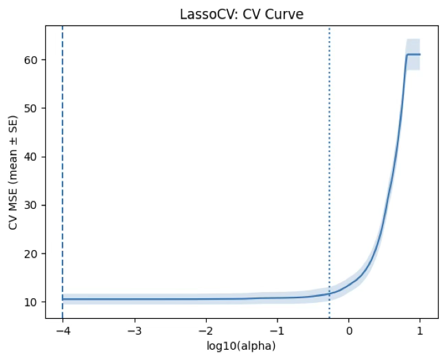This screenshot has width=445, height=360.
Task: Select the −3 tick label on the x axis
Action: (x=134, y=330)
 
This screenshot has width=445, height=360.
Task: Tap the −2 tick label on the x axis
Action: (x=205, y=330)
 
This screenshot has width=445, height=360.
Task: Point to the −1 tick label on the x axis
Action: (x=277, y=330)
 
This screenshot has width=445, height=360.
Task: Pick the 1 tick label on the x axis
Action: (x=420, y=330)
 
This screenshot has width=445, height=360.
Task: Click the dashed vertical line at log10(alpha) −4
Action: (x=62, y=172)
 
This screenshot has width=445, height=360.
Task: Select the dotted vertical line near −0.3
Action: (x=329, y=172)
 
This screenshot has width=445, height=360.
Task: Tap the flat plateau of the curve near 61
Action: (x=413, y=54)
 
